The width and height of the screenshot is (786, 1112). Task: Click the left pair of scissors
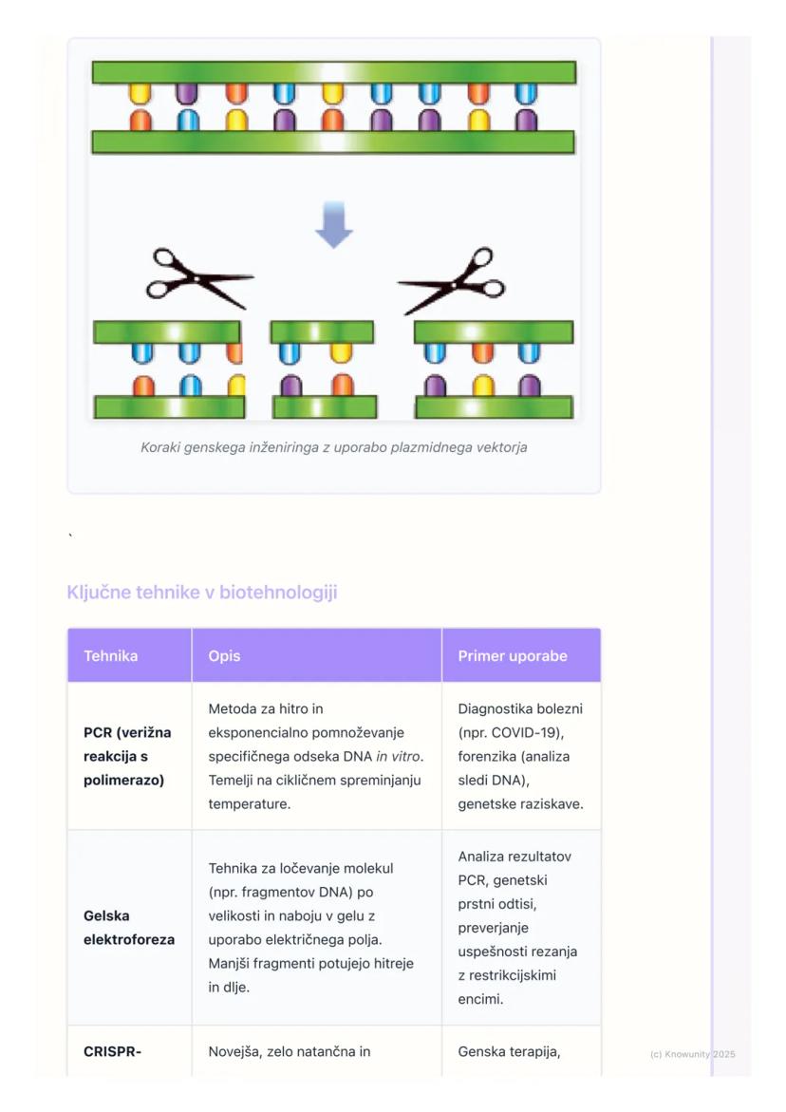[x=199, y=278]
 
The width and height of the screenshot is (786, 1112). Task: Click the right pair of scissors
[x=452, y=280]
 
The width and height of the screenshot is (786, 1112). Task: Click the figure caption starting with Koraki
[x=333, y=447]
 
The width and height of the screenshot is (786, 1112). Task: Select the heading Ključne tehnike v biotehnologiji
[x=202, y=593]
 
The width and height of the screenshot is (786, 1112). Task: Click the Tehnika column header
[x=110, y=656]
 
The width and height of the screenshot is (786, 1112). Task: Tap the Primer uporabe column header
[x=513, y=656]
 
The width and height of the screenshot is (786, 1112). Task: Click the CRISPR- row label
[x=112, y=1051]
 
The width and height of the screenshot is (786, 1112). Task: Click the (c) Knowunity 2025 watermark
[x=692, y=1054]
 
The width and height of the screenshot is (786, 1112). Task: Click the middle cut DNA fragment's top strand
[x=322, y=332]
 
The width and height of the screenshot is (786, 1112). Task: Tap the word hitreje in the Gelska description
[x=391, y=963]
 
